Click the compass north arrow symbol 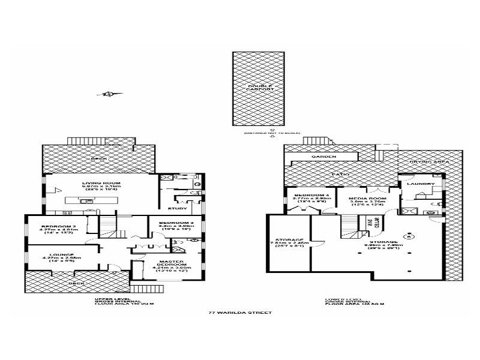pyautogui.click(x=109, y=94)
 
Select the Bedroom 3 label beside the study pyautogui.click(x=176, y=225)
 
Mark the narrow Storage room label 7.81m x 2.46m pyautogui.click(x=290, y=243)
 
